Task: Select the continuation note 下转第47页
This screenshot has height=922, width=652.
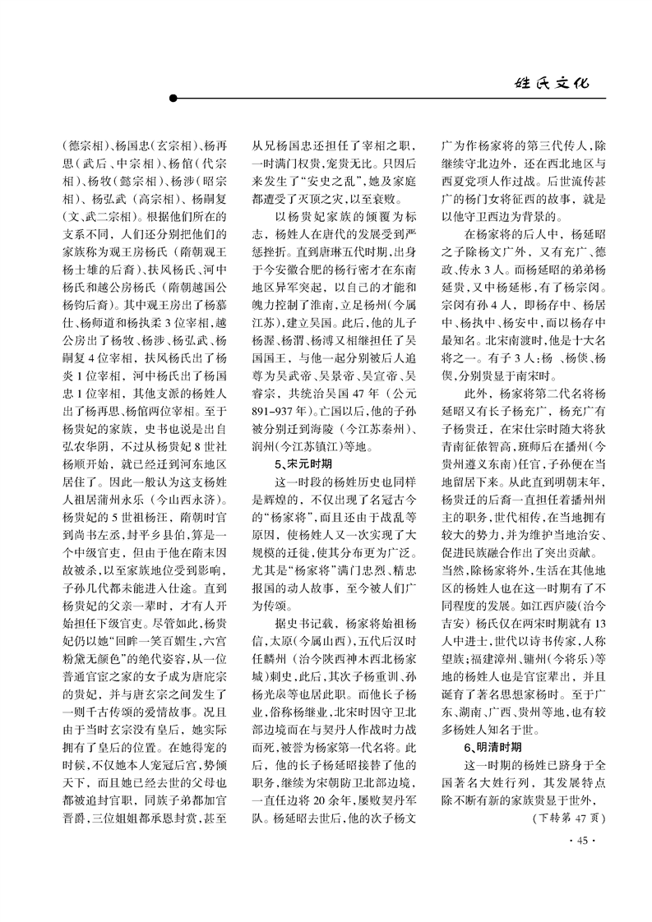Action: [568, 818]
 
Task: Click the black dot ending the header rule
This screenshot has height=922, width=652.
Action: [173, 99]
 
